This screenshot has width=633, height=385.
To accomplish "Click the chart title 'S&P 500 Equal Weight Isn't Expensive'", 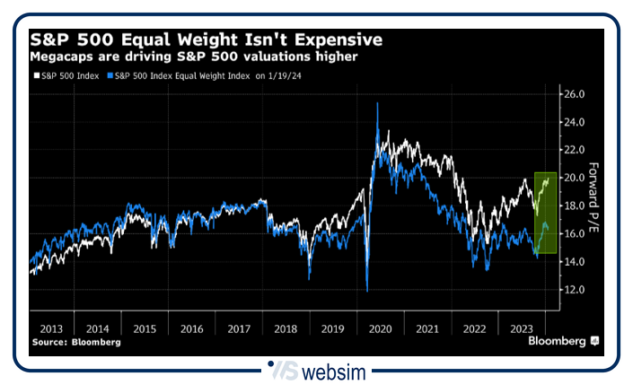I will (207, 40).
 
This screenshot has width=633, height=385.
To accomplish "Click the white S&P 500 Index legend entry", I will (66, 75).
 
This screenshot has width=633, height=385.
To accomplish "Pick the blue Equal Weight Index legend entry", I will (180, 75).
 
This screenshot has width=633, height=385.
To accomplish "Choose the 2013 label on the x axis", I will (50, 328).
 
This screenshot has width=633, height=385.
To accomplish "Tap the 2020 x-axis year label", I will (380, 328).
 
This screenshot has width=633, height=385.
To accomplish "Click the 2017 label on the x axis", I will (239, 328).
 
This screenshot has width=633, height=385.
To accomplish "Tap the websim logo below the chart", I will (317, 370).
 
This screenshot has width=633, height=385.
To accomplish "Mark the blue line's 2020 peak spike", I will (377, 104).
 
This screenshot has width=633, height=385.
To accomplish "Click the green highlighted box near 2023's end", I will (545, 213).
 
